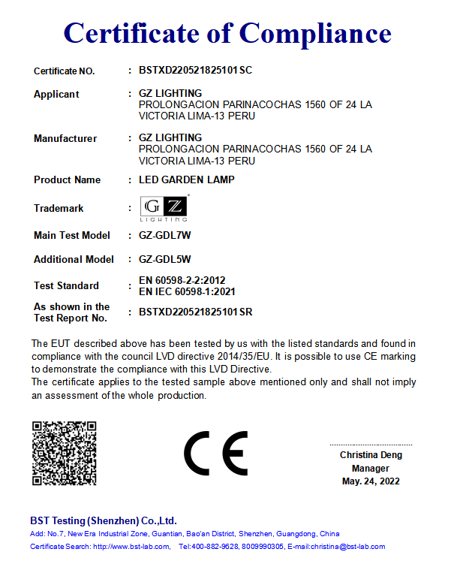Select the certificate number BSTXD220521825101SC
coord(196,71)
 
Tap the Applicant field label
coord(56,95)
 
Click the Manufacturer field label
coord(65,138)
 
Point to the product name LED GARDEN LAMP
coord(187,180)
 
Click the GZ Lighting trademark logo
coord(164,208)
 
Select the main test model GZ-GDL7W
coord(165,235)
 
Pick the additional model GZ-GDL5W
coord(165,259)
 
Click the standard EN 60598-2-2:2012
coord(182,280)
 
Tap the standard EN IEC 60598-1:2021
coord(192,291)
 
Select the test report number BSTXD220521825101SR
coord(196,311)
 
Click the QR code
coord(64,454)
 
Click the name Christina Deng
coord(371,455)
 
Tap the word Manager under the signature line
coord(371,468)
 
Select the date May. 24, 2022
coord(371,481)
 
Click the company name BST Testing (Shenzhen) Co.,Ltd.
coord(104,520)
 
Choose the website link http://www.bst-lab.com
coord(131,547)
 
